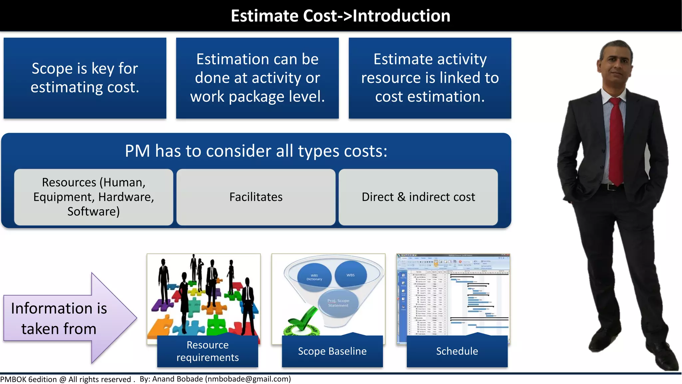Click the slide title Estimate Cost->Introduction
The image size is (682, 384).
(x=340, y=16)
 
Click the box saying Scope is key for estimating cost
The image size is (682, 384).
(x=85, y=78)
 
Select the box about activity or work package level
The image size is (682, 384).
(x=257, y=78)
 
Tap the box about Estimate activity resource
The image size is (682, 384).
(x=430, y=78)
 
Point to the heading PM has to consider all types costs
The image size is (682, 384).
(x=256, y=151)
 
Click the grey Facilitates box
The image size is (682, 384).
(x=256, y=197)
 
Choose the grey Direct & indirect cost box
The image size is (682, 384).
(x=418, y=197)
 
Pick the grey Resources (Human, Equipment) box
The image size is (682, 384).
(x=94, y=197)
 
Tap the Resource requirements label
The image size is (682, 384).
(x=207, y=351)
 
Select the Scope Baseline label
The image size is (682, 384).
(x=332, y=351)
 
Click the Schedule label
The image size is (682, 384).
(x=457, y=351)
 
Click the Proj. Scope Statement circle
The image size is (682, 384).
(x=338, y=303)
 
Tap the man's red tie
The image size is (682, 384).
(x=617, y=140)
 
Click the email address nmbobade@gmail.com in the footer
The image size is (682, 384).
(x=248, y=379)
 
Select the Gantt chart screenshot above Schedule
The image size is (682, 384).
(x=453, y=295)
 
